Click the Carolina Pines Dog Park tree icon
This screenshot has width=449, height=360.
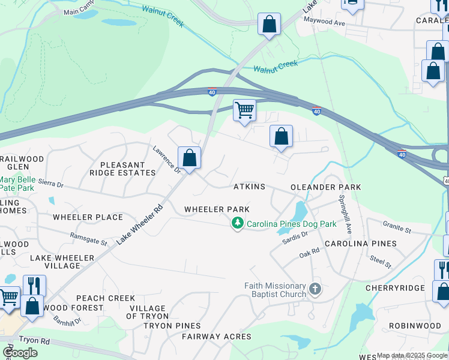238,224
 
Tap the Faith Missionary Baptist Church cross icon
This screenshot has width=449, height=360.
315,290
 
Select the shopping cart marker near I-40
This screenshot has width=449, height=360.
244,110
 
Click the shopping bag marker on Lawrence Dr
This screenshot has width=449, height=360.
189,159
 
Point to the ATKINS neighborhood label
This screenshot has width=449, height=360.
249,187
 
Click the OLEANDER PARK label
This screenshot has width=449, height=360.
325,187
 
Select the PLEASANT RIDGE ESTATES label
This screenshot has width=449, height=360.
122,169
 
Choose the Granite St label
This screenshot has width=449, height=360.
397,226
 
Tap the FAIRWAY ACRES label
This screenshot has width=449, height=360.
217,337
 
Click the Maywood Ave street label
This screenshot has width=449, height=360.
325,23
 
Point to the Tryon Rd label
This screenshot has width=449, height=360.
28,339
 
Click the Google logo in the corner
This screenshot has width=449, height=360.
20,352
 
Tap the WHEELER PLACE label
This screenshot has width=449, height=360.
88,217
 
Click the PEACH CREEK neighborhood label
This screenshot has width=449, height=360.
105,298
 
